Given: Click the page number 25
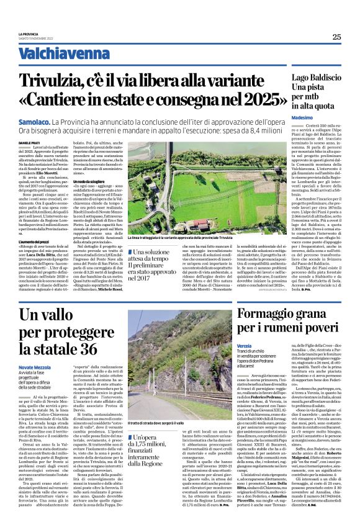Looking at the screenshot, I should [x=336, y=37].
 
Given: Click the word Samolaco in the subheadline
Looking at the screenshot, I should [x=34, y=124].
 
